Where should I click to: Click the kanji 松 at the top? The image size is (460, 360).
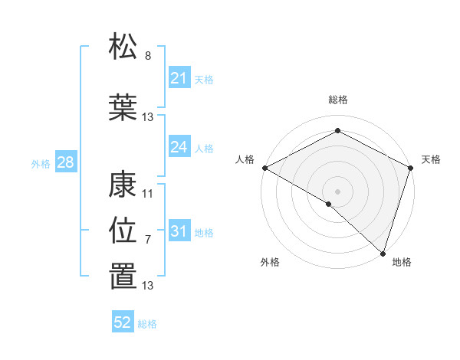(123, 47)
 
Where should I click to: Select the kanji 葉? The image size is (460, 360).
(123, 107)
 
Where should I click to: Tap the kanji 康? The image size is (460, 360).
(123, 184)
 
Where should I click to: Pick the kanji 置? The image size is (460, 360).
(123, 277)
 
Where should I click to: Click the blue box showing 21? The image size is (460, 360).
(179, 78)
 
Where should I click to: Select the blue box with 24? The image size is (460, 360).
(179, 146)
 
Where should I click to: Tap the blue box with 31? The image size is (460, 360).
(179, 231)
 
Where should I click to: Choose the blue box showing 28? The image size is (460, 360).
(64, 162)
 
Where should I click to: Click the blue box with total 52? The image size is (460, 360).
(123, 322)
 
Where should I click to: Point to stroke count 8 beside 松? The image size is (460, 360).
(148, 56)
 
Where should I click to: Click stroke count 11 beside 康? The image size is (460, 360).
(148, 193)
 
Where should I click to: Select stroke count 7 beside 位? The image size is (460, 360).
(148, 240)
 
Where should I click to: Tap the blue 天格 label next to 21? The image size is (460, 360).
(204, 79)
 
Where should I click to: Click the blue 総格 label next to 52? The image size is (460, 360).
(147, 324)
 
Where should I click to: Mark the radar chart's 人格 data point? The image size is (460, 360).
(264, 168)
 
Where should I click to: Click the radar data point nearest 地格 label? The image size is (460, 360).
(383, 252)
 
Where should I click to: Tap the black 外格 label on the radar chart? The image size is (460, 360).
(270, 262)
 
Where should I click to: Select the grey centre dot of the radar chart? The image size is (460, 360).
(337, 191)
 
